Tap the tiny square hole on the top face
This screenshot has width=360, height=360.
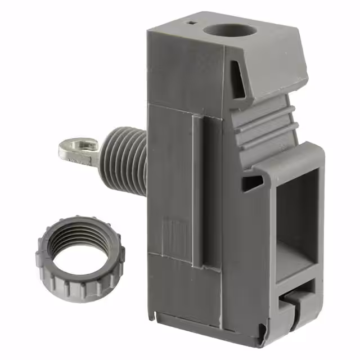(192, 22)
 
